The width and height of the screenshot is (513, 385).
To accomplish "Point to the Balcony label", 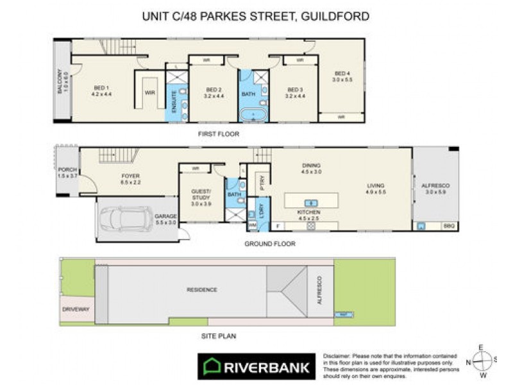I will click(x=62, y=82).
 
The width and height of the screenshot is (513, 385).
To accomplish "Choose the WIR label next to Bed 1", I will click(x=151, y=93).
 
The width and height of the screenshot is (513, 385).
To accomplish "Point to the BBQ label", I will click(x=448, y=227).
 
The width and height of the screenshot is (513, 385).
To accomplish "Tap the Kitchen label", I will click(x=308, y=212).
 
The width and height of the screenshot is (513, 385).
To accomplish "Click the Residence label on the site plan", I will click(x=201, y=290).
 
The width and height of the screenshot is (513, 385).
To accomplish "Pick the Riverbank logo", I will click(x=256, y=367).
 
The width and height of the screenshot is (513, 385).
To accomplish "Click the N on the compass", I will click(x=469, y=362).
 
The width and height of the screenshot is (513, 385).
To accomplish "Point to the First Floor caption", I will click(x=219, y=134).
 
